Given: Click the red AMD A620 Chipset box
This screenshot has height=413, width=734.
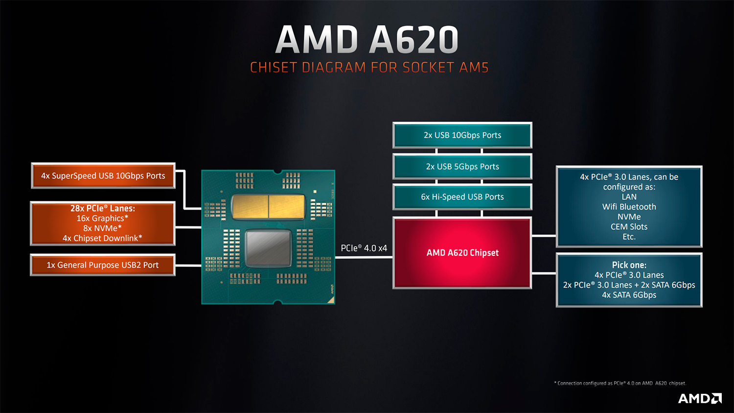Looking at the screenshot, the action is pyautogui.click(x=462, y=253).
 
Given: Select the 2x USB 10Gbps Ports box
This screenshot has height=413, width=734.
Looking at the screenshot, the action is pyautogui.click(x=462, y=135).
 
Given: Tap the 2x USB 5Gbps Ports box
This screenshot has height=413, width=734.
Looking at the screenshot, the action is pyautogui.click(x=462, y=166).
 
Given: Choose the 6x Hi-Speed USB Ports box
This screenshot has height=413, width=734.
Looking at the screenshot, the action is pyautogui.click(x=462, y=197).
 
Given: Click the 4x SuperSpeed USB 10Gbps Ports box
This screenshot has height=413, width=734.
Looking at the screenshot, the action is pyautogui.click(x=103, y=176).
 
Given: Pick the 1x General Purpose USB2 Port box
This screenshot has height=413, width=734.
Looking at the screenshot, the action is pyautogui.click(x=103, y=265).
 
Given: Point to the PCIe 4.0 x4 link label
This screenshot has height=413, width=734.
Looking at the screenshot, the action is pyautogui.click(x=364, y=248).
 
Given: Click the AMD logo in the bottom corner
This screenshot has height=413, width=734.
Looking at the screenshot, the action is pyautogui.click(x=700, y=399).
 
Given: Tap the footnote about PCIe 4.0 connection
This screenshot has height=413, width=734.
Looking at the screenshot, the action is pyautogui.click(x=620, y=383).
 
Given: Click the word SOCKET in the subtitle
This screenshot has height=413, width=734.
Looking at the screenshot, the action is pyautogui.click(x=429, y=68).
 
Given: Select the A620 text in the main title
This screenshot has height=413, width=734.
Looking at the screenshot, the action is pyautogui.click(x=413, y=39).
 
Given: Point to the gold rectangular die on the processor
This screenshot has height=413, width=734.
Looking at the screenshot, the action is pyautogui.click(x=268, y=207).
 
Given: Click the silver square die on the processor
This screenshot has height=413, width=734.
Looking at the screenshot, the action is pyautogui.click(x=268, y=248).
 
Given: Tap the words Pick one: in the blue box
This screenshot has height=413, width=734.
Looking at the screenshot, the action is pyautogui.click(x=629, y=265).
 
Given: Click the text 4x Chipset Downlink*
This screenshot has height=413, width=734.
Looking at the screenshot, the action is pyautogui.click(x=103, y=238).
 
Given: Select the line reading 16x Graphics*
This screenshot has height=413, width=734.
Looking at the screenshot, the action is pyautogui.click(x=103, y=219).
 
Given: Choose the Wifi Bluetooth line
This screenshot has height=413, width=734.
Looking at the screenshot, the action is pyautogui.click(x=629, y=207).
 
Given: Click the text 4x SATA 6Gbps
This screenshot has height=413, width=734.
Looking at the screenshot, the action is pyautogui.click(x=629, y=295).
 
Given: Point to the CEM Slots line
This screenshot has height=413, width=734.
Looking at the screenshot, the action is pyautogui.click(x=629, y=227).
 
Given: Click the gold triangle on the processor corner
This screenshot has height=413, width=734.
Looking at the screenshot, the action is pyautogui.click(x=331, y=300).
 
